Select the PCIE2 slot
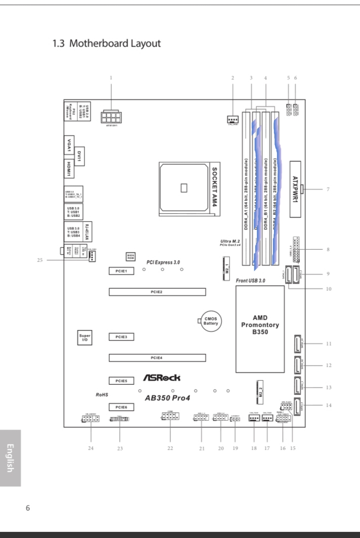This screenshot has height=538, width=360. coord(157,292)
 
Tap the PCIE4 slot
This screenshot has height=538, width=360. coord(157,358)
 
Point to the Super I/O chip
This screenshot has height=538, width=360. coord(84,337)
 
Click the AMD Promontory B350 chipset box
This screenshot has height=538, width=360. coord(260,326)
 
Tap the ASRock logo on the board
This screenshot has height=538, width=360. coord(161,378)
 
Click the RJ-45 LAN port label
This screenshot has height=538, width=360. coord(87,231)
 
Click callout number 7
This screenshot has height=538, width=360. coord(328,190)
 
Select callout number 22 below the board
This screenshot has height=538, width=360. coord(170,448)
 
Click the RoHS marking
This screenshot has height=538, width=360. coord(102,394)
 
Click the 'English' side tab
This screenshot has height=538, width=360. coord(11,458)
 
